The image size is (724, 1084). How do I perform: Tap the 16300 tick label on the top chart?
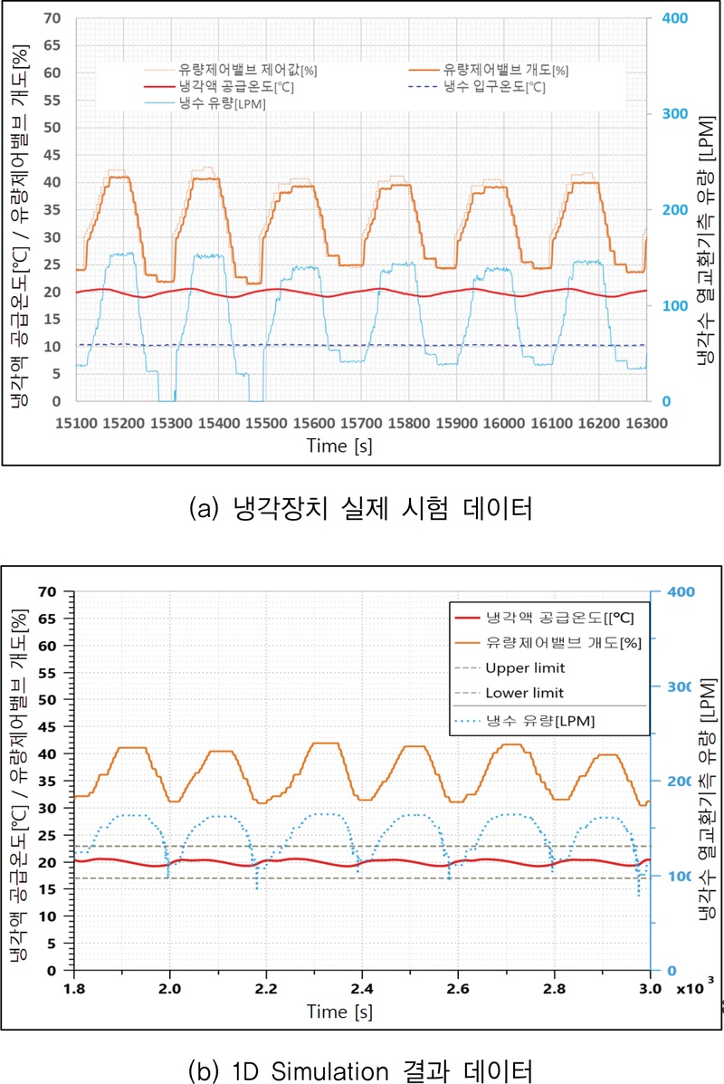tap(646, 423)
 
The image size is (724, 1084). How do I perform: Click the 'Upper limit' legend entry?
tap(525, 668)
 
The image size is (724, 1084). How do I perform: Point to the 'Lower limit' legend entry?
tap(525, 693)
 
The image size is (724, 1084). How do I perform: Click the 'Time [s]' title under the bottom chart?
tap(338, 1010)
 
